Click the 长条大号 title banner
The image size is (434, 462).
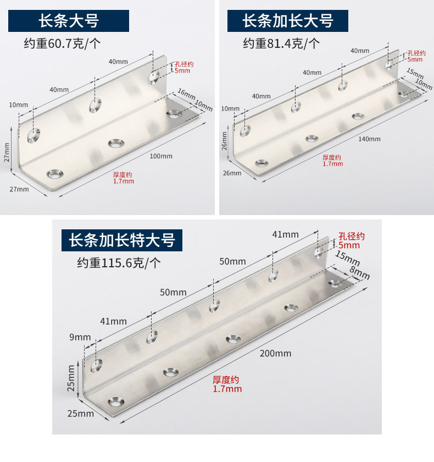(68, 21)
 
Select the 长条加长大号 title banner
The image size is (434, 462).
(288, 21)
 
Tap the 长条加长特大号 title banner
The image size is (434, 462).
(121, 240)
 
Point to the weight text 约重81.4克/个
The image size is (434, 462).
(281, 43)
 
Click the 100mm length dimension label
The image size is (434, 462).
(161, 156)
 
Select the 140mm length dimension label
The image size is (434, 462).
(369, 139)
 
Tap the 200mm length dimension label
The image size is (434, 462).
(276, 353)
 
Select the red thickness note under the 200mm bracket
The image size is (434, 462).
(227, 384)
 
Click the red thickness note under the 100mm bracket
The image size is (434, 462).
(123, 178)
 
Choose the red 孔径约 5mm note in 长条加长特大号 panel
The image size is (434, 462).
(352, 241)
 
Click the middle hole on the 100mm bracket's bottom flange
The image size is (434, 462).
(115, 144)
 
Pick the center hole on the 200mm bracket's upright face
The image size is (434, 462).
(213, 305)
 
